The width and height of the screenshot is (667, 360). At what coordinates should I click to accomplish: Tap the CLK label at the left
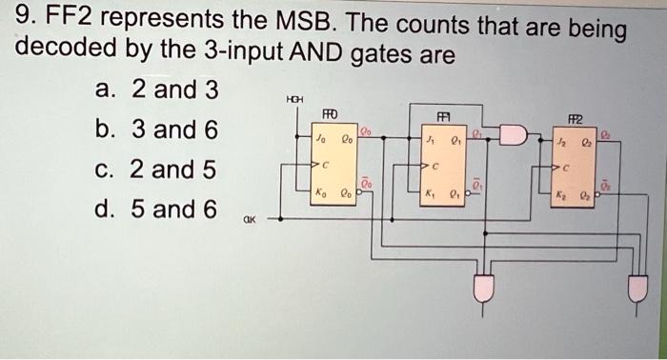pyautogui.click(x=249, y=218)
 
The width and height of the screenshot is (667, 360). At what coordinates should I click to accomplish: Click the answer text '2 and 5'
pyautogui.click(x=173, y=170)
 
